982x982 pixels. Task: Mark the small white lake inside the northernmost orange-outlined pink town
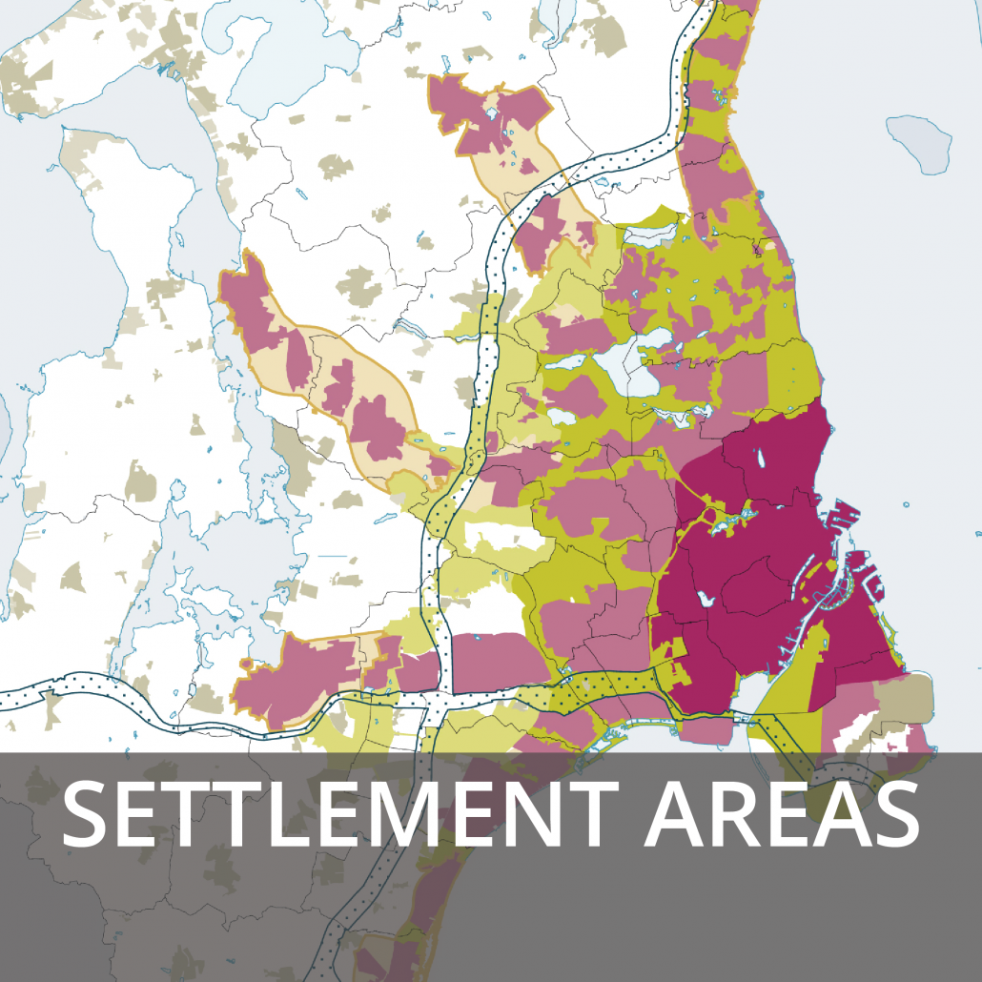coord(491,113)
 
